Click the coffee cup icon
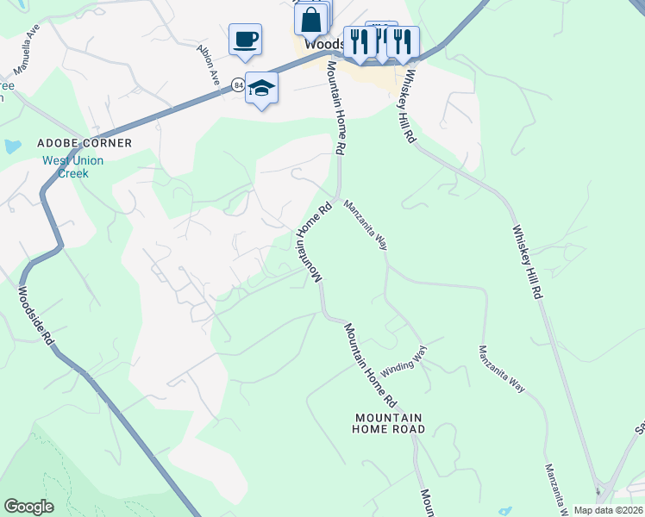pyautogui.click(x=245, y=39)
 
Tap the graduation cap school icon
pyautogui.click(x=261, y=88)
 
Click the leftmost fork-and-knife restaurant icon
pyautogui.click(x=360, y=40)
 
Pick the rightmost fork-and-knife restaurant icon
pyautogui.click(x=403, y=40)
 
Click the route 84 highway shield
pyautogui.click(x=238, y=84)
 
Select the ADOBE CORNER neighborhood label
pyautogui.click(x=84, y=143)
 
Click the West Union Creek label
pyautogui.click(x=73, y=167)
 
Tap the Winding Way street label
pyautogui.click(x=404, y=359)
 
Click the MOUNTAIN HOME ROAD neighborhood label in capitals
pyautogui.click(x=390, y=423)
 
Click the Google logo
pyautogui.click(x=28, y=507)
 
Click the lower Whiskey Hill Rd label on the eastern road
pyautogui.click(x=527, y=262)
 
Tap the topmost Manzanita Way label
pyautogui.click(x=366, y=225)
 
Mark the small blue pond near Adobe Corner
pyautogui.click(x=12, y=146)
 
